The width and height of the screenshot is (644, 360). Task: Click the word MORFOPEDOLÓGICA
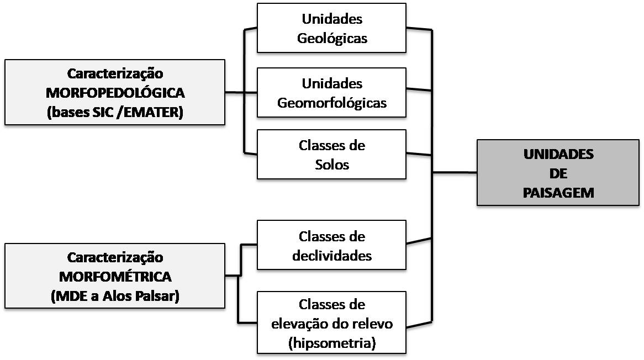pyautogui.click(x=115, y=92)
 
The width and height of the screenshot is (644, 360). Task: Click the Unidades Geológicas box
pyautogui.click(x=331, y=28)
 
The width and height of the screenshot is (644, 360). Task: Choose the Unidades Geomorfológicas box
pyautogui.click(x=331, y=93)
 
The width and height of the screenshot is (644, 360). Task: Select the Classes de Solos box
pyautogui.click(x=331, y=155)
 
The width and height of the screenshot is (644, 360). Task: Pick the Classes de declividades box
pyautogui.click(x=331, y=245)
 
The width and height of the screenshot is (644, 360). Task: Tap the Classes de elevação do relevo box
pyautogui.click(x=331, y=322)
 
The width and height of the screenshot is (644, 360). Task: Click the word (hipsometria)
pyautogui.click(x=331, y=342)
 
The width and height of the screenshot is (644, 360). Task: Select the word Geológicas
pyautogui.click(x=332, y=39)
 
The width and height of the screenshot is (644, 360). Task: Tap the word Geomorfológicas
pyautogui.click(x=332, y=103)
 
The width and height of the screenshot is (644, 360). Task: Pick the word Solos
pyautogui.click(x=332, y=165)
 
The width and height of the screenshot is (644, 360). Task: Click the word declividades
pyautogui.click(x=332, y=256)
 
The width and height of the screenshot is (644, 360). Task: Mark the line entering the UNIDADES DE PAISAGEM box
pyautogui.click(x=455, y=173)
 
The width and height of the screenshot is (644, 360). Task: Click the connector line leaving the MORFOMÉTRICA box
pyautogui.click(x=233, y=275)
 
